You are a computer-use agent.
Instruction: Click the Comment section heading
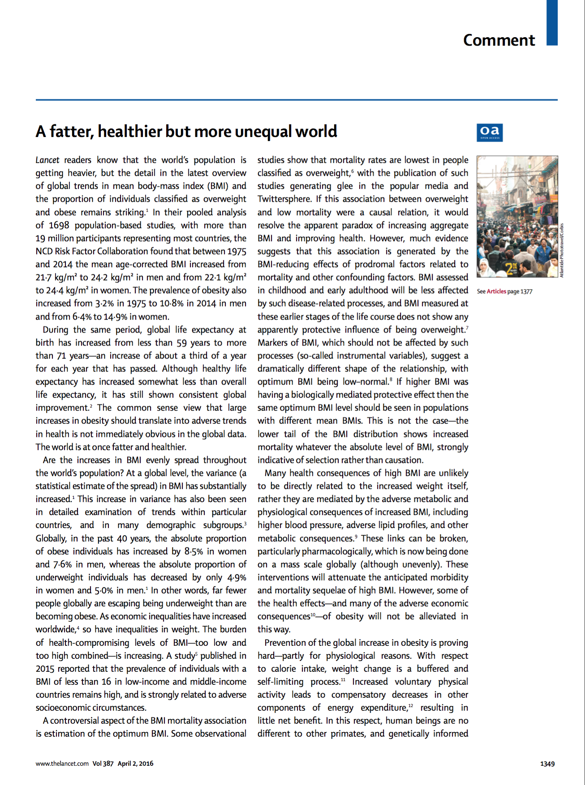click(499, 40)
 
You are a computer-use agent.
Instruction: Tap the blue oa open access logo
click(490, 132)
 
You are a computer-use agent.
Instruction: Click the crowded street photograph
click(517, 217)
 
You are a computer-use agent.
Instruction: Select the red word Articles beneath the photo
click(496, 291)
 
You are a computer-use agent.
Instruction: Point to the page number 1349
click(547, 764)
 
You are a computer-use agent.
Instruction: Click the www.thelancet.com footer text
click(62, 764)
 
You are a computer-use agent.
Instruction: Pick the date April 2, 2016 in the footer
click(135, 764)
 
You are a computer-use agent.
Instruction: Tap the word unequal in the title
click(263, 132)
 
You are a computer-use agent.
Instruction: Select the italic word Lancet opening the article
click(47, 160)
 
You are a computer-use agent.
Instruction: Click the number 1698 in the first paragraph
click(59, 226)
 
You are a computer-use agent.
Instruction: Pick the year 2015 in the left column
click(45, 669)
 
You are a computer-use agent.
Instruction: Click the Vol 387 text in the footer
click(103, 764)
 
